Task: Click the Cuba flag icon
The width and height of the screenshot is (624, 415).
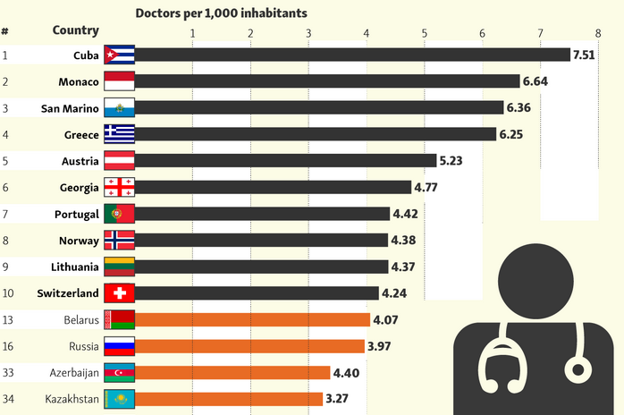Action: click(x=119, y=55)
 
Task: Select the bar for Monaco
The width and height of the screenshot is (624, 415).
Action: click(x=327, y=81)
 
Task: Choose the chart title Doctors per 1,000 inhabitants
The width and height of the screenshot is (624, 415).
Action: click(x=221, y=13)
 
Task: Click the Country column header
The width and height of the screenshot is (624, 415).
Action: click(x=75, y=30)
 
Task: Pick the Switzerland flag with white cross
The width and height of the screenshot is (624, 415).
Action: click(x=119, y=293)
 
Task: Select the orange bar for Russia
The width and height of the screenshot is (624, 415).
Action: click(x=249, y=346)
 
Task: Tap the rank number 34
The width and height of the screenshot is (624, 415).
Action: click(x=8, y=399)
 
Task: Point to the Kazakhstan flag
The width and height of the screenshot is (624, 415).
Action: click(x=119, y=399)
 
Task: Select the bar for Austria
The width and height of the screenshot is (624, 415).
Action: click(x=286, y=161)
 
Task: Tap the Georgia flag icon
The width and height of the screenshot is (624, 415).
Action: click(x=119, y=187)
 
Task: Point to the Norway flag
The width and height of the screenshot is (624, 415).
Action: click(x=119, y=240)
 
